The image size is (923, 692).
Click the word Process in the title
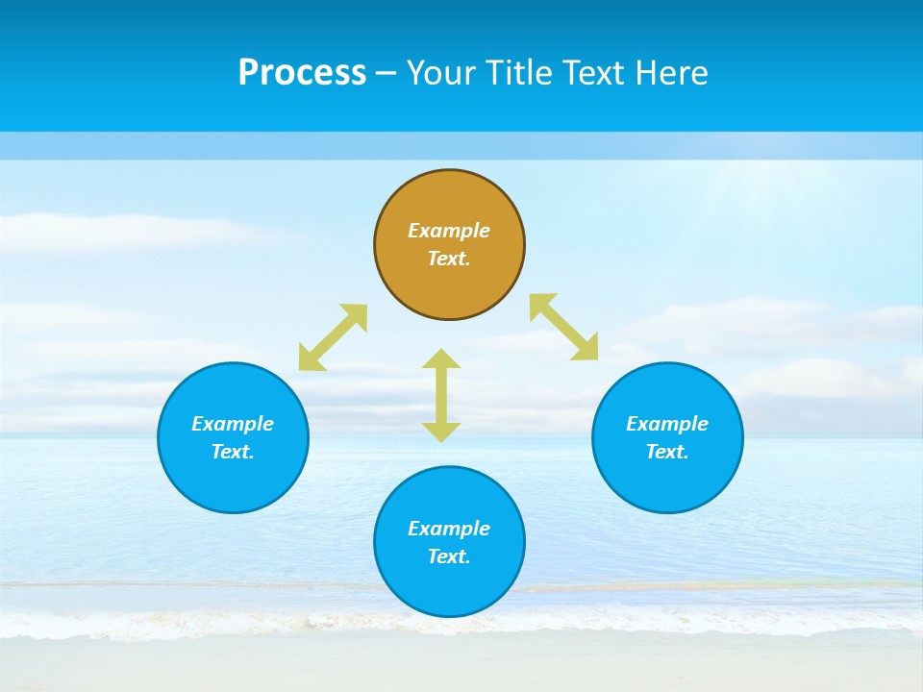[302, 73]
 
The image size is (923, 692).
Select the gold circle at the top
[449, 279]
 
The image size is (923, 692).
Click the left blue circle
[233, 481]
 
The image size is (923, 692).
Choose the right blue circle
[667, 481]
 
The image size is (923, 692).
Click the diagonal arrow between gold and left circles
[333, 337]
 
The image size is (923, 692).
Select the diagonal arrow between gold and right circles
[564, 327]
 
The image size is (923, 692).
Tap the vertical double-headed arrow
[441, 395]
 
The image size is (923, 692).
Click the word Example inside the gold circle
[449, 231]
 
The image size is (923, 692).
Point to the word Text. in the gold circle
[449, 259]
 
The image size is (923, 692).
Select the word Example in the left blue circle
[233, 424]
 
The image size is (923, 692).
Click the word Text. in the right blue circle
[667, 452]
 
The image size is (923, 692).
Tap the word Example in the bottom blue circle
[449, 529]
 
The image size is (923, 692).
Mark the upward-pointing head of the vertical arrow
[441, 358]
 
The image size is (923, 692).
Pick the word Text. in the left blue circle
[233, 452]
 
